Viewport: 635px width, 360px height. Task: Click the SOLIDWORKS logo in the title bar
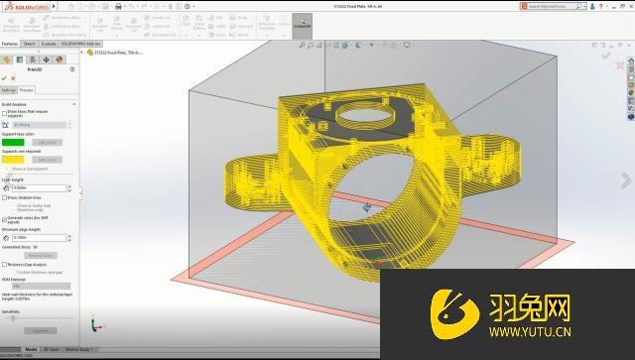pos(21,5)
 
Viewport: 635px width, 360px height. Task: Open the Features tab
pos(10,44)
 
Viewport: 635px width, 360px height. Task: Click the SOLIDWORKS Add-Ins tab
pos(80,44)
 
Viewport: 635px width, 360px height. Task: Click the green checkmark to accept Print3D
pos(5,77)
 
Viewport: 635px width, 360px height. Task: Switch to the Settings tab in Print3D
pos(8,89)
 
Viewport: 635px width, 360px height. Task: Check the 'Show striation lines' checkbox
pos(5,197)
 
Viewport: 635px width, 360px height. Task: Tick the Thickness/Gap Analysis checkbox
pos(5,265)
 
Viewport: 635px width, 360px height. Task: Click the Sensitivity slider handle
pos(12,316)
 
